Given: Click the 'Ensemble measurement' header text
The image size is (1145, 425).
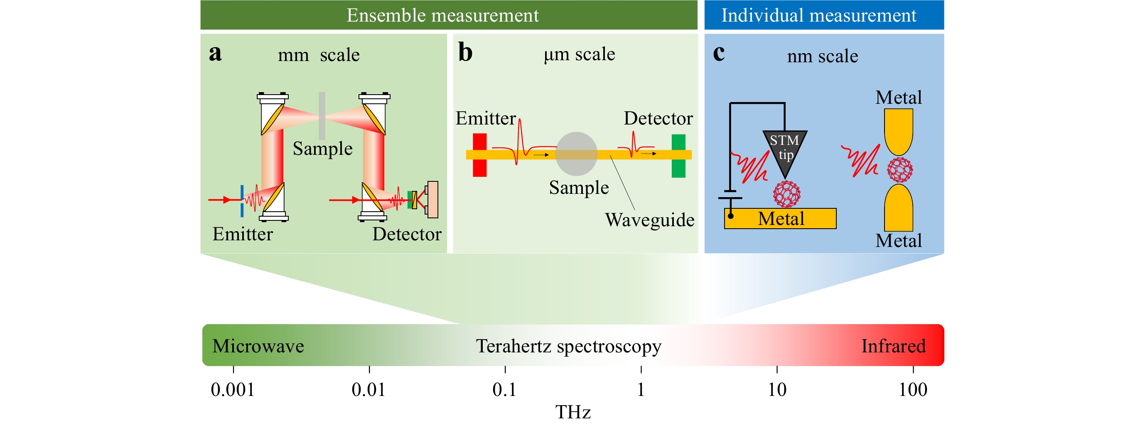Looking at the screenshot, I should [442, 15].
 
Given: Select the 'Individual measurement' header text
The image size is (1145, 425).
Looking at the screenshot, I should [818, 15].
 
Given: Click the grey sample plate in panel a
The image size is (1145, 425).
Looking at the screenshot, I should [322, 115].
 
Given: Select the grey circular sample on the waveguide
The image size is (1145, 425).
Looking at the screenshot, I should [576, 154].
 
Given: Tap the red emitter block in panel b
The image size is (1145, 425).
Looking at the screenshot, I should [479, 155].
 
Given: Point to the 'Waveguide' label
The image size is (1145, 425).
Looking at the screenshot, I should [649, 220].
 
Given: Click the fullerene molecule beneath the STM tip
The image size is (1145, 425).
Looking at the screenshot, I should [787, 194].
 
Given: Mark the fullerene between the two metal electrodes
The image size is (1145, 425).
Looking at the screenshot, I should [899, 170].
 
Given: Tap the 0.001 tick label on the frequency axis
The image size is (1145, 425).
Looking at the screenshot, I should [233, 389].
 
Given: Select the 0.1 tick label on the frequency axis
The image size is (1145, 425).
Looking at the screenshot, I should [504, 389].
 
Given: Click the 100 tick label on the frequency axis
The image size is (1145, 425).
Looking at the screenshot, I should [913, 389].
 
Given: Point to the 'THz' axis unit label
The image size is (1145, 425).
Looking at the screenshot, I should [573, 412].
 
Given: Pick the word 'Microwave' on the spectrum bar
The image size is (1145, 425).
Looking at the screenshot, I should [258, 346].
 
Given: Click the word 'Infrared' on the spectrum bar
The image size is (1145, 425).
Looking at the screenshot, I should [893, 346].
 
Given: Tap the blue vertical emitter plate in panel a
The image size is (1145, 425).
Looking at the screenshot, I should [242, 201].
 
